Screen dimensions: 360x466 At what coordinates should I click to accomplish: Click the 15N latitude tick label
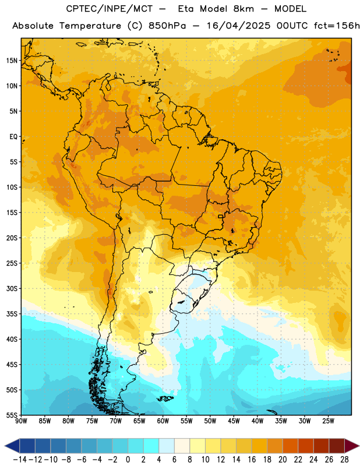tap(12, 61)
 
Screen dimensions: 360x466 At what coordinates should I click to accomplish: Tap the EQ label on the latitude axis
tap(13, 137)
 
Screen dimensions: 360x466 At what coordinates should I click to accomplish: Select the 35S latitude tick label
tap(12, 314)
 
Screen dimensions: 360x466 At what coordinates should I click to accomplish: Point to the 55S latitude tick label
tap(12, 415)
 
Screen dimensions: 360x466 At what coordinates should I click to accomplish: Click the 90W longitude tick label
tap(21, 421)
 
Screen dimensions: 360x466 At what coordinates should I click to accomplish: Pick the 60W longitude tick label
tap(163, 421)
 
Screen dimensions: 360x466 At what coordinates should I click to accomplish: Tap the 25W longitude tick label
tap(328, 421)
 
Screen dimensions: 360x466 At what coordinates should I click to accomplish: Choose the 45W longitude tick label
tap(234, 421)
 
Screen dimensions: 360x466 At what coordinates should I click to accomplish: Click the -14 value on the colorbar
tap(20, 460)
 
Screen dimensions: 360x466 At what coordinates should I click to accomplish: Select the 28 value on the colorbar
tap(344, 460)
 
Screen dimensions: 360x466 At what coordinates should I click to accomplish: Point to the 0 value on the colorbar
tap(128, 460)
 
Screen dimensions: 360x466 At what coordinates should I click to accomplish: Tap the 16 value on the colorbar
tap(252, 460)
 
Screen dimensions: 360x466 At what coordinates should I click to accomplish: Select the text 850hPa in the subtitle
tap(167, 26)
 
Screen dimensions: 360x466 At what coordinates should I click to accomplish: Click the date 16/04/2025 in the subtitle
tap(239, 26)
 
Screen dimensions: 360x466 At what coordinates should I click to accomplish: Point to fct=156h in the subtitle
tap(337, 26)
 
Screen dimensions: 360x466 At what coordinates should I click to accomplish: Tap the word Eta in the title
tap(186, 9)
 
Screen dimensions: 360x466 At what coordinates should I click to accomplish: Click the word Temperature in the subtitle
tap(90, 26)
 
